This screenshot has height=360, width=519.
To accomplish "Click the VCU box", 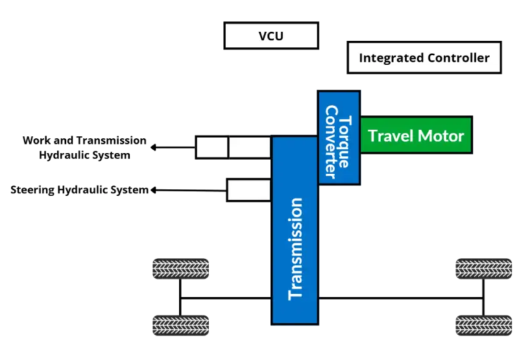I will [271, 36].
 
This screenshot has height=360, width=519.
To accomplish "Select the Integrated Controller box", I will [424, 58].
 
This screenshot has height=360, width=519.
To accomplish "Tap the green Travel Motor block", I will [416, 136].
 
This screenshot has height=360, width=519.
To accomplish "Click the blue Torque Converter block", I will [338, 138].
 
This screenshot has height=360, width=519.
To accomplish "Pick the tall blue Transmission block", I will [295, 230].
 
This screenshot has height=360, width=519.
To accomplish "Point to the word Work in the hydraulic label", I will [33, 141].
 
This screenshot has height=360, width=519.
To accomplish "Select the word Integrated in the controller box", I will [391, 58].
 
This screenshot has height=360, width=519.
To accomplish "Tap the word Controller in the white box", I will [458, 58].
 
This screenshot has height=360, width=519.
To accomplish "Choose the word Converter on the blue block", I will [332, 141].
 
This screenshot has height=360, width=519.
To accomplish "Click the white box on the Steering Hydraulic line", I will [248, 190].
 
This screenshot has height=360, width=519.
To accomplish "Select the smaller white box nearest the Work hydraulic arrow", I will [211, 148].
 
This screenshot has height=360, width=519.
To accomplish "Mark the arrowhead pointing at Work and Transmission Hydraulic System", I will [154, 148].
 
